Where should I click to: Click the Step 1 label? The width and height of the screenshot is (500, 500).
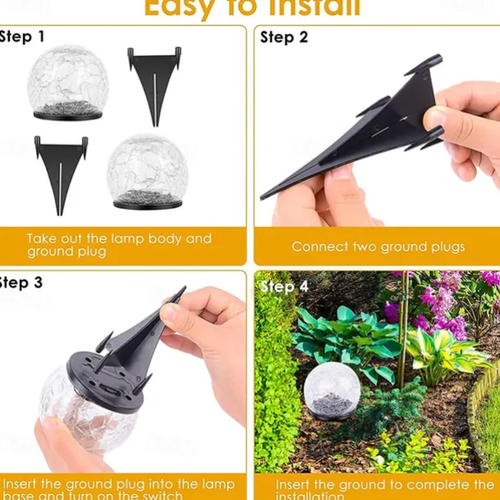pos(22,37)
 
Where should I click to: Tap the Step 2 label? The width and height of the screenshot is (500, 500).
pos(284,37)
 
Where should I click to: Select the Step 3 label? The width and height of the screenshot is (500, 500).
pos(22,283)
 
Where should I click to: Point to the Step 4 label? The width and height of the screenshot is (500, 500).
pos(284,286)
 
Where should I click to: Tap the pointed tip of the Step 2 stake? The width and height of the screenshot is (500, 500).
pos(264,196)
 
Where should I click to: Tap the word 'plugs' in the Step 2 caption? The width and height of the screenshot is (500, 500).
pos(446,247)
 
